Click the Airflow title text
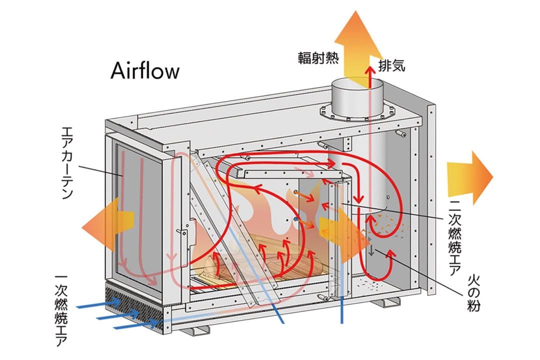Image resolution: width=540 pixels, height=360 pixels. pyautogui.click(x=144, y=71)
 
